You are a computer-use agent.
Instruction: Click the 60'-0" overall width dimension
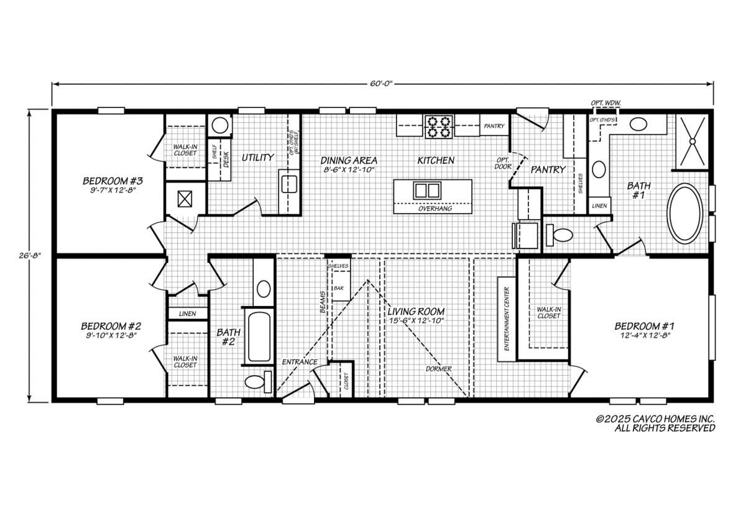point(382,83)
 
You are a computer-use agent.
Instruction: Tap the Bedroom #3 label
point(113,181)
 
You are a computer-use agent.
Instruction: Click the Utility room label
point(257,158)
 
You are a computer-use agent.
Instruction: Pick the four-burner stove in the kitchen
point(439,127)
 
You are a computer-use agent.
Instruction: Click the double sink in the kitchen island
point(427,191)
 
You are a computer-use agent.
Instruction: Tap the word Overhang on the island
point(435,209)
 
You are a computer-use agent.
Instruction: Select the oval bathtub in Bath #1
point(684,214)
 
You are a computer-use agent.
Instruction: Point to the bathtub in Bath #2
point(259,337)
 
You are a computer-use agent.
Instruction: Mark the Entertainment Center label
point(507,319)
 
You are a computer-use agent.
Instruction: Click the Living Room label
point(416,312)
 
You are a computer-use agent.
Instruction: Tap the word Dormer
point(439,369)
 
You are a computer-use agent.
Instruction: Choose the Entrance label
point(300,361)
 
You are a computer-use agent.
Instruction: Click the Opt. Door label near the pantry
point(502,163)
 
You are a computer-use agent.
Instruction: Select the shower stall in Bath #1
point(693,142)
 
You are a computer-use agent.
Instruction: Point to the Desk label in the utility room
point(226,160)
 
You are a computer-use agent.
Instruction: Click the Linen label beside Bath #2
point(188,314)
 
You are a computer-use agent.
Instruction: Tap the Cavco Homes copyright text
point(655,423)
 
